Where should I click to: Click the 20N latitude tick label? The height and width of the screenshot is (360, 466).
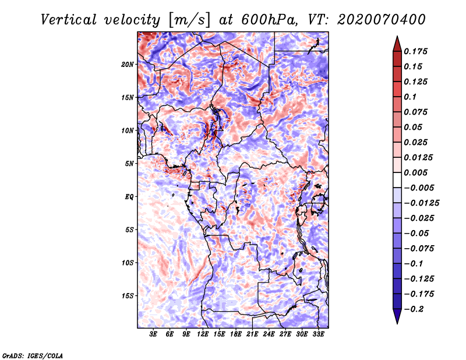tap(128, 65)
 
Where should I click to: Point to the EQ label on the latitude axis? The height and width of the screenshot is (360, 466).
tap(129, 197)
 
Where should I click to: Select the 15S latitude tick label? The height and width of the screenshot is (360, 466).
tap(128, 296)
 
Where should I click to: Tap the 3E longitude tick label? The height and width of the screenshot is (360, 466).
tap(153, 334)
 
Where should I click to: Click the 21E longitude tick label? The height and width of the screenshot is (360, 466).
tap(252, 334)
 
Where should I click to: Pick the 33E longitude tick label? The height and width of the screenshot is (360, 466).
tap(318, 334)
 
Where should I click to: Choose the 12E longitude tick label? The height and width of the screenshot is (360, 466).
tap(203, 334)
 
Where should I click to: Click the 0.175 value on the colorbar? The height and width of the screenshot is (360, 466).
tap(415, 51)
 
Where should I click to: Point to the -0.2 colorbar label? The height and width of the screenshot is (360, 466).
tap(414, 309)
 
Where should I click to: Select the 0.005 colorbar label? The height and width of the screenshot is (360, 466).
tap(415, 172)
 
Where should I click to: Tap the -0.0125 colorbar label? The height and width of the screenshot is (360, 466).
tap(421, 203)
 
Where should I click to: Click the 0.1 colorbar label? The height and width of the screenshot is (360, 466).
tap(410, 97)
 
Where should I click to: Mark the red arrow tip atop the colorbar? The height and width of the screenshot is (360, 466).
tap(397, 36)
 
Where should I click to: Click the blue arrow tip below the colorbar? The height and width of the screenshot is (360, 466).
tap(397, 323)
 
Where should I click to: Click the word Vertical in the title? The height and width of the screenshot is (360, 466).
tap(69, 20)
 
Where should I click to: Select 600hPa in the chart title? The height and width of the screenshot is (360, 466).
tap(270, 20)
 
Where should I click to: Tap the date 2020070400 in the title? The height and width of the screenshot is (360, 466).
tap(382, 20)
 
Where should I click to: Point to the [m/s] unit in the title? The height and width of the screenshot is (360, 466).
tap(189, 20)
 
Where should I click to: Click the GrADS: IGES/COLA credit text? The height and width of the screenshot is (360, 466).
tap(33, 356)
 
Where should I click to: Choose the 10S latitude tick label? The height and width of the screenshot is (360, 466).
tap(128, 263)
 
